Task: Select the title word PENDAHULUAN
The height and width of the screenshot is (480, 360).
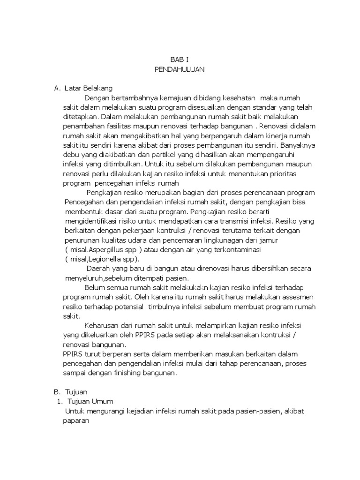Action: tap(180, 69)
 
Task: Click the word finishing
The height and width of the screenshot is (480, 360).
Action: tap(142, 373)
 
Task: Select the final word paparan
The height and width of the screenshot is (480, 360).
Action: tap(76, 420)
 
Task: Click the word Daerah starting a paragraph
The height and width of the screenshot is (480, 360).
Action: tap(98, 269)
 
